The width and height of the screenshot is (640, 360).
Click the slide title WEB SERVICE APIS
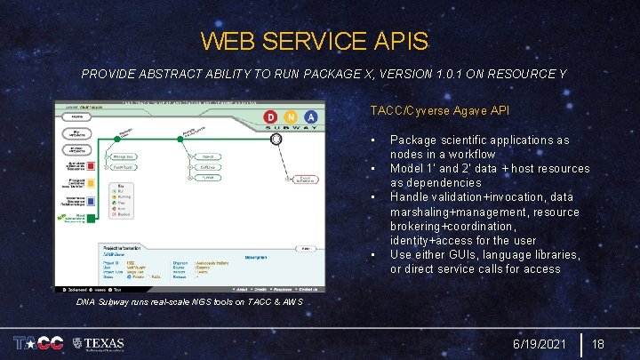(314, 41)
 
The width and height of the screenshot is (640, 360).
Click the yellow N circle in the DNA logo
(291, 117)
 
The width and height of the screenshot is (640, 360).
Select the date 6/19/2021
(539, 343)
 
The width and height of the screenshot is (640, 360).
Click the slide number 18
(598, 343)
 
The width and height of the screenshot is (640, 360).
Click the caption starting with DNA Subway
(188, 301)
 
